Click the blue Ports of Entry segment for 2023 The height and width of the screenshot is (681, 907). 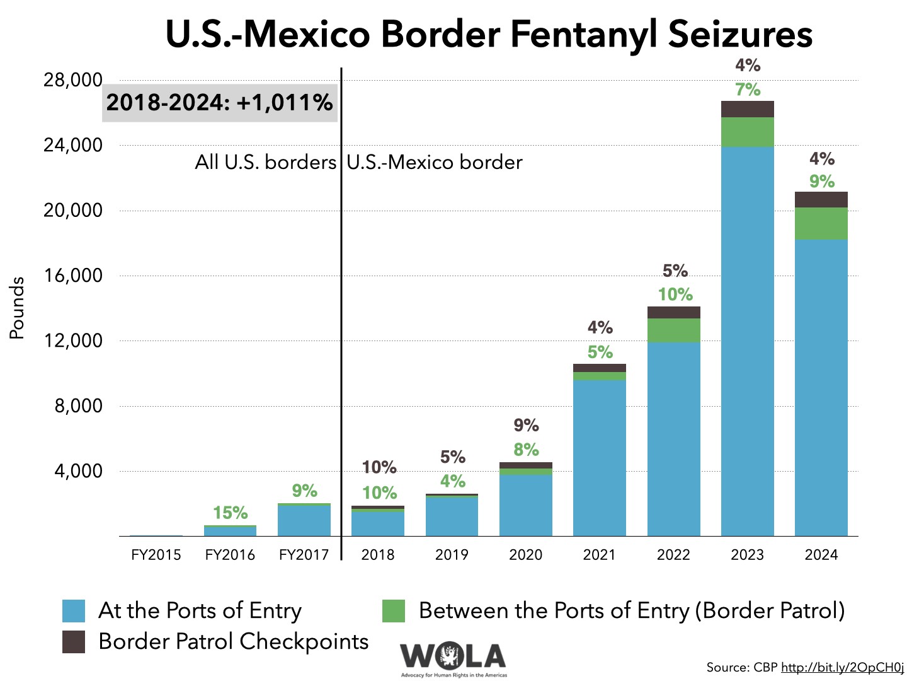(747, 340)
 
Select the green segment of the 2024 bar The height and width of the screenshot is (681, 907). (821, 224)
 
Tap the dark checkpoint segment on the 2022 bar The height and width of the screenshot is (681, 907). (673, 313)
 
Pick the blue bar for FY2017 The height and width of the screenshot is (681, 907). (304, 521)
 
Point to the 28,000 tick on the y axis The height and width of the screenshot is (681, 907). (72, 80)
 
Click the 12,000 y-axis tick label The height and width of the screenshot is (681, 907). (72, 340)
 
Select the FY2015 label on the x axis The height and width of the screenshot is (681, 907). (156, 555)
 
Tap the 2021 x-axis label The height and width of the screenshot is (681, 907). (599, 555)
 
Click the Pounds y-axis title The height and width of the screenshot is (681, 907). (17, 308)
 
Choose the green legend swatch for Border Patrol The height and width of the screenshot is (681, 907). (393, 611)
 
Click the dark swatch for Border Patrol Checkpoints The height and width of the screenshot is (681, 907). (74, 641)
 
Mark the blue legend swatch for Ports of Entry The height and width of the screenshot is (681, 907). (74, 611)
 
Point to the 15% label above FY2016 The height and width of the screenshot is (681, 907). (230, 513)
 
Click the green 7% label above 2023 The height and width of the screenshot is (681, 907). (748, 90)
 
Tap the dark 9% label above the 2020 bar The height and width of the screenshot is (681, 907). (526, 426)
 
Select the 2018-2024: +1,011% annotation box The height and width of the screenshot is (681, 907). (220, 102)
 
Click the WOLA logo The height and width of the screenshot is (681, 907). (453, 658)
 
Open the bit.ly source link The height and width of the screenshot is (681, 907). (842, 667)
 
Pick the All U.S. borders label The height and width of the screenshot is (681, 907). (265, 162)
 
